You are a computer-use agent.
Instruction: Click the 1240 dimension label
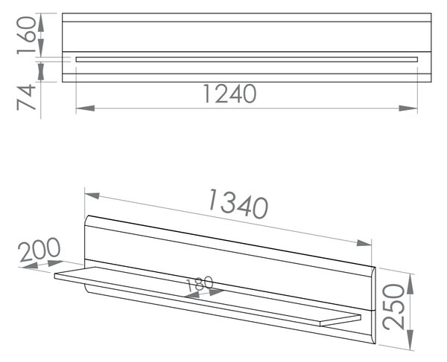click(x=229, y=94)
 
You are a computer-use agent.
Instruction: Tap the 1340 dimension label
click(x=238, y=204)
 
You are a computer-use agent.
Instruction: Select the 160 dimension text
click(x=27, y=35)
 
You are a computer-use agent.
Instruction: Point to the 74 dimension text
click(x=26, y=97)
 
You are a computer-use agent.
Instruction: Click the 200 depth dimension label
click(x=39, y=250)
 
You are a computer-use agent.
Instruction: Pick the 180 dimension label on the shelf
click(x=200, y=283)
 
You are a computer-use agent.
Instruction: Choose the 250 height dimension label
click(x=393, y=307)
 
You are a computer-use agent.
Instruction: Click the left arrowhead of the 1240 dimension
click(x=85, y=108)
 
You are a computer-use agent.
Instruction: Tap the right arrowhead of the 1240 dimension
click(x=408, y=108)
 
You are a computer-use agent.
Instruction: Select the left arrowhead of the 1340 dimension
click(x=92, y=195)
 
